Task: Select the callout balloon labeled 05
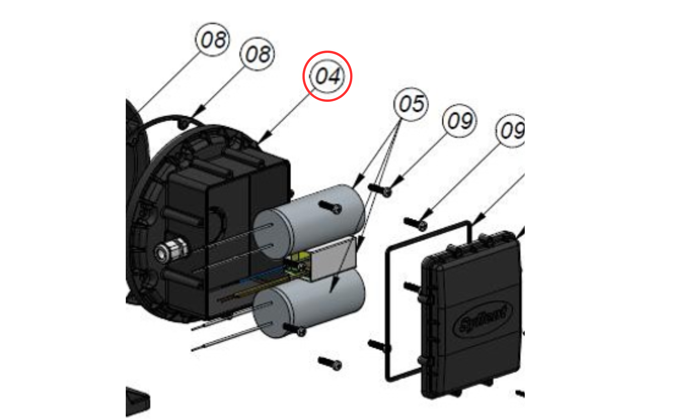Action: coord(411,104)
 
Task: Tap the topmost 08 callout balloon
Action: coord(213,40)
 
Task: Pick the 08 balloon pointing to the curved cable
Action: coord(257,54)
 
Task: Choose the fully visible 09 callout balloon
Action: coord(460,121)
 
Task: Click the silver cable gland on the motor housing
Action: coord(171,250)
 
